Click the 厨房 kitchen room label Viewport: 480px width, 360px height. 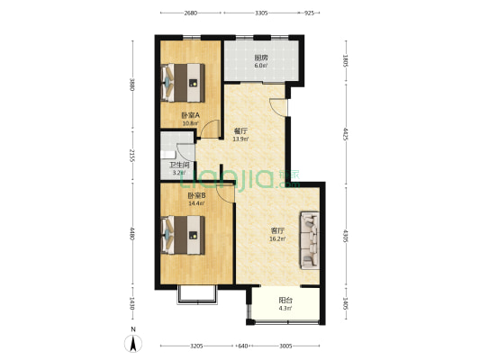point(259,58)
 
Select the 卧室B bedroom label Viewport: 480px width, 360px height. point(196,195)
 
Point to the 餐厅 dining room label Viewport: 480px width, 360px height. point(240,131)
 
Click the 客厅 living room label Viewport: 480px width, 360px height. point(278,230)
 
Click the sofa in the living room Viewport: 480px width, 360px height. point(311,239)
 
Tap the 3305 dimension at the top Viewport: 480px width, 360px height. point(260,13)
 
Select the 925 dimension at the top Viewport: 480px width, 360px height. point(309,13)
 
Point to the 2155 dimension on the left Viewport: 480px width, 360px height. point(131,157)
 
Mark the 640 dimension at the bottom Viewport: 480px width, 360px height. point(242,346)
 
